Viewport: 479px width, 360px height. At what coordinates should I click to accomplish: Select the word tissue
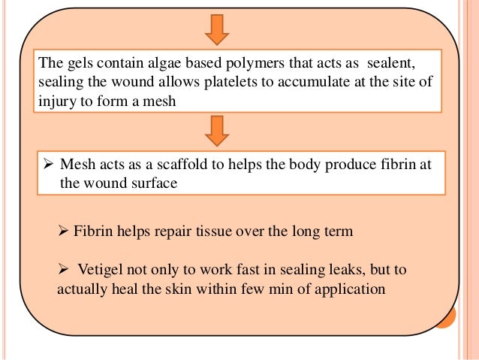click(x=211, y=231)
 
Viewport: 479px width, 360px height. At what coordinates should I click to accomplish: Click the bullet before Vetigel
click(x=64, y=268)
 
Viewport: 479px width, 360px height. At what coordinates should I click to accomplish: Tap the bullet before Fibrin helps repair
click(x=64, y=231)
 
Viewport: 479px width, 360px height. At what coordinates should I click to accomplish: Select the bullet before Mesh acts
click(x=48, y=164)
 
